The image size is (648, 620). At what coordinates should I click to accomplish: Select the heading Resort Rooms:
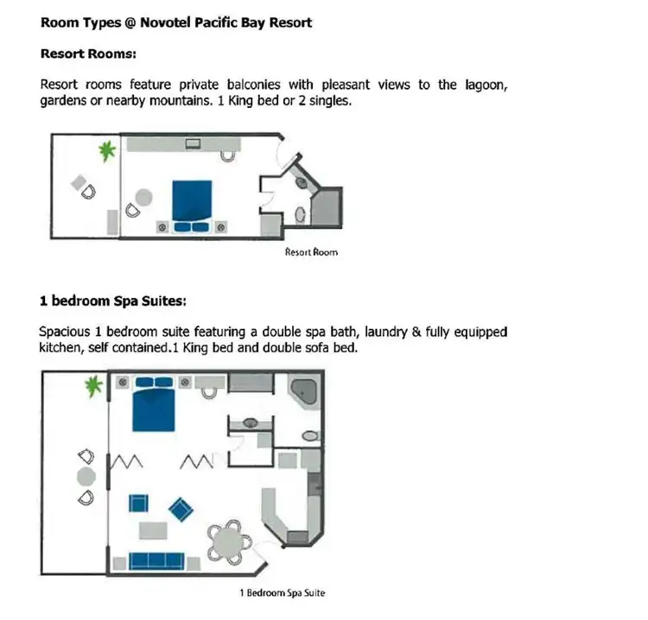88,54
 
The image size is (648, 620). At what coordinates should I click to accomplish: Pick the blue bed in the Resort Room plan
192,200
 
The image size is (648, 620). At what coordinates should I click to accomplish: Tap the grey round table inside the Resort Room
143,197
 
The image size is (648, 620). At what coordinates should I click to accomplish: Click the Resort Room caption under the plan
311,252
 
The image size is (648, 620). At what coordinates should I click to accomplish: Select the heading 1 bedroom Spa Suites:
113,301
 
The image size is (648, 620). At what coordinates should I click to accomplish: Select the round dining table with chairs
230,541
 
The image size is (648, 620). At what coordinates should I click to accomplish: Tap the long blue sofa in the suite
162,559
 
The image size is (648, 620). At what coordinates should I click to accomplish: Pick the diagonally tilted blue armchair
181,509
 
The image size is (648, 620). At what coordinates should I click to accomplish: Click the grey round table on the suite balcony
86,476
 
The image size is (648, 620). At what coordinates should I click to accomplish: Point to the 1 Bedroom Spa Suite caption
282,593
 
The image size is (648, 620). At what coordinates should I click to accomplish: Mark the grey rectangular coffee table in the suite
154,529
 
